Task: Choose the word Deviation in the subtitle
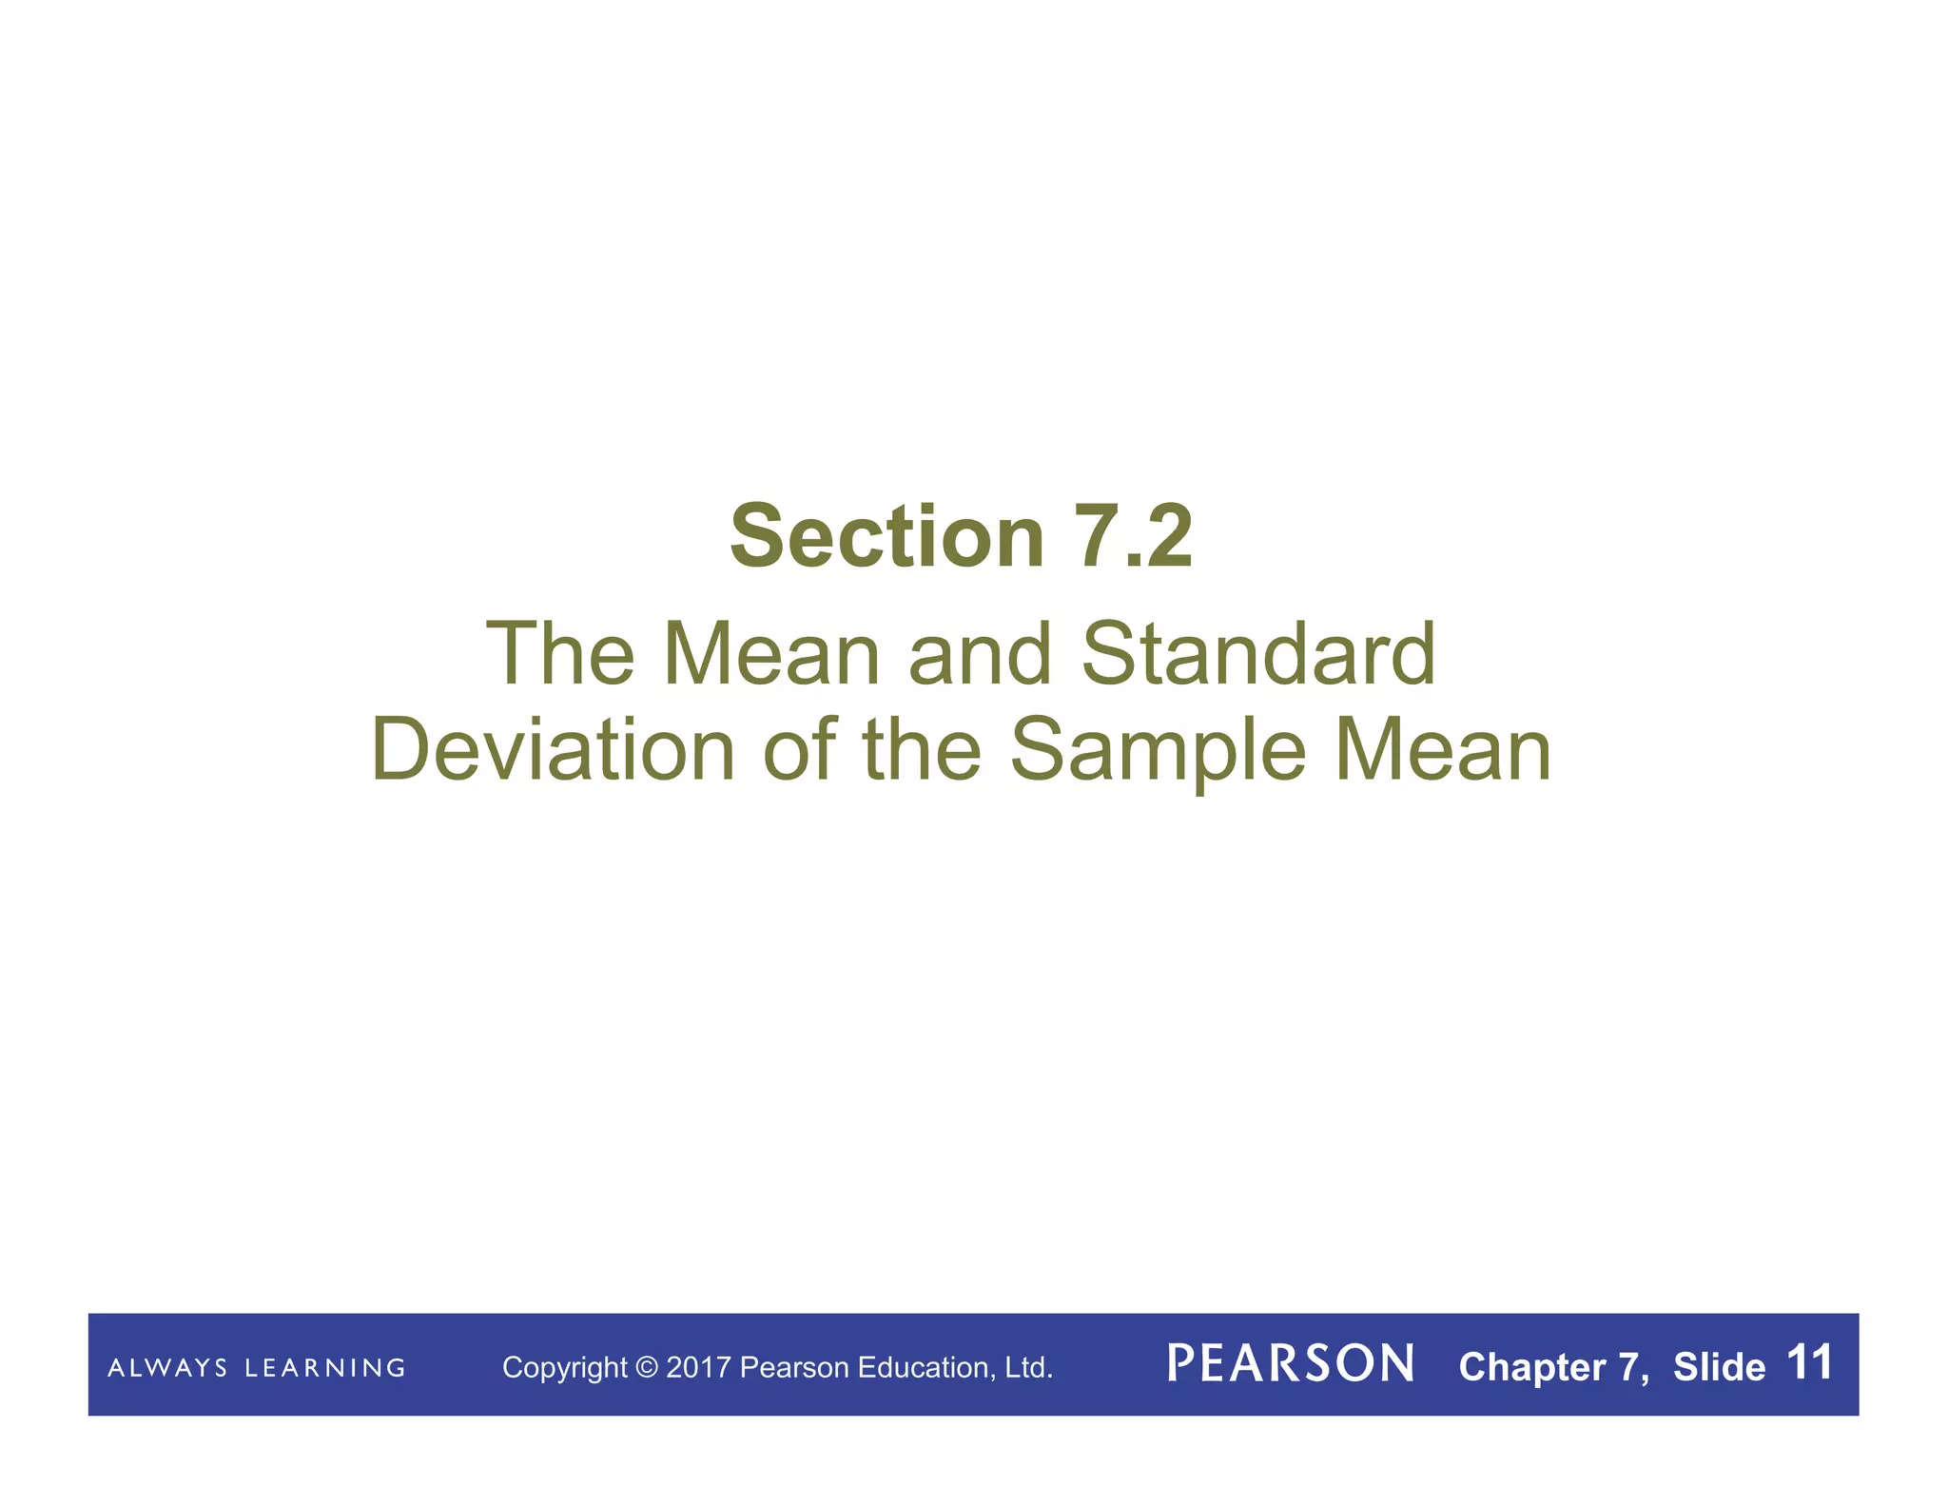coord(553,751)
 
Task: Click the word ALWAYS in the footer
coord(167,1368)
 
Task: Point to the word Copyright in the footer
coord(564,1368)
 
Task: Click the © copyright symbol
coord(647,1368)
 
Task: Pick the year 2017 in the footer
coord(698,1368)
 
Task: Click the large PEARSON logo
coord(1291,1364)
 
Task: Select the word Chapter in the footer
coord(1532,1368)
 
